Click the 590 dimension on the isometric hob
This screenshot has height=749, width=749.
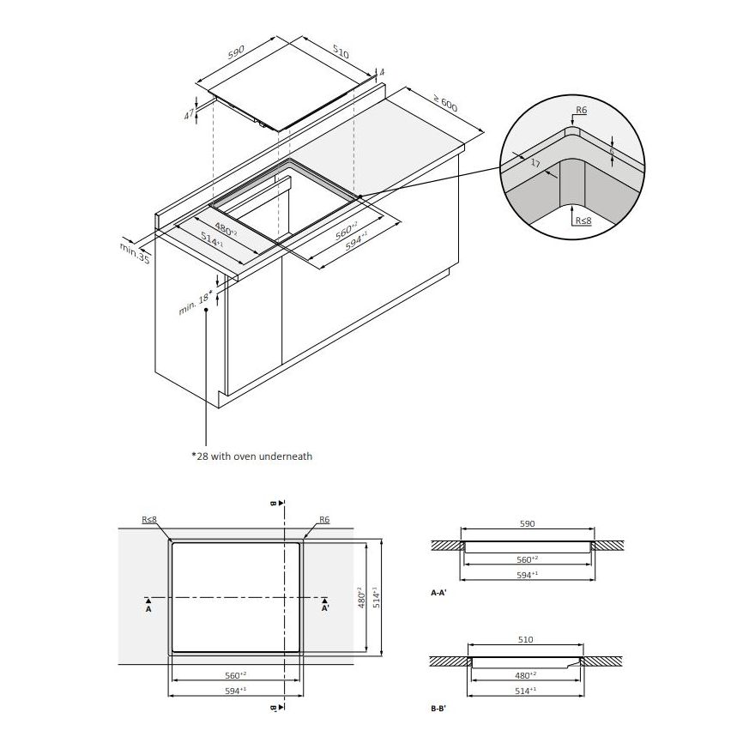pyautogui.click(x=236, y=52)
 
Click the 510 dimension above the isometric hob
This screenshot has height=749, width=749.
pyautogui.click(x=340, y=52)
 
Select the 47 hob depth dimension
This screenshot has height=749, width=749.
pyautogui.click(x=190, y=114)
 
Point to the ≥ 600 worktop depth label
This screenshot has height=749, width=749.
pyautogui.click(x=445, y=103)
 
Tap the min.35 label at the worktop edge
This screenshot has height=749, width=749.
pyautogui.click(x=135, y=253)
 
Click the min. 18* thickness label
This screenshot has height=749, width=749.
pyautogui.click(x=196, y=302)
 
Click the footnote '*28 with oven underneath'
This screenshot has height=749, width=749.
pyautogui.click(x=251, y=456)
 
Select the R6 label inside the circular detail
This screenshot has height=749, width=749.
pyautogui.click(x=581, y=110)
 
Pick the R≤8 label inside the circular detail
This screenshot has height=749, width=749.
pyautogui.click(x=583, y=220)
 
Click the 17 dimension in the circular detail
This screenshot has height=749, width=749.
pyautogui.click(x=535, y=163)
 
